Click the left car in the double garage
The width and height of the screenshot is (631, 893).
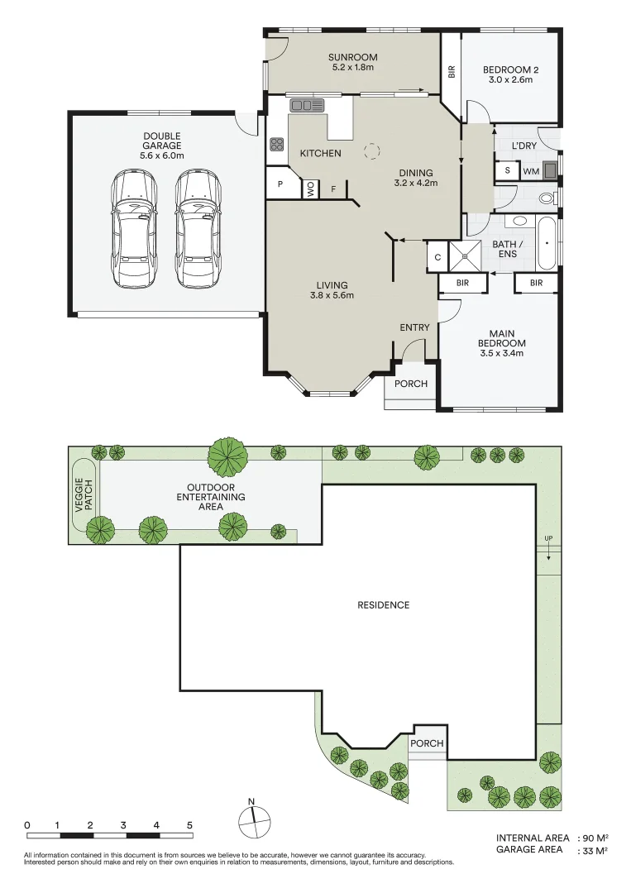pyautogui.click(x=133, y=228)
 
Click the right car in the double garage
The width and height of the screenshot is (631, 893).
pyautogui.click(x=198, y=228)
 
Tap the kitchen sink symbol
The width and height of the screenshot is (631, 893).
pyautogui.click(x=306, y=105)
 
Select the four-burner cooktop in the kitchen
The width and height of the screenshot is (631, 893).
pyautogui.click(x=277, y=144)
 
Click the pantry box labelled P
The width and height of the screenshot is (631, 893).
pyautogui.click(x=280, y=184)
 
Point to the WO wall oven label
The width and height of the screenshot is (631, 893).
pyautogui.click(x=310, y=189)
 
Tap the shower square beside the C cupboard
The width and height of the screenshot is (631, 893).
pyautogui.click(x=465, y=256)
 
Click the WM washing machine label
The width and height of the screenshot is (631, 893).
pyautogui.click(x=531, y=171)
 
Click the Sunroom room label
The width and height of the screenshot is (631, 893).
pyautogui.click(x=352, y=57)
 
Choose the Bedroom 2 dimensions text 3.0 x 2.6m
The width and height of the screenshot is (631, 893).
pyautogui.click(x=510, y=79)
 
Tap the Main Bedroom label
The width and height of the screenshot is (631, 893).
pyautogui.click(x=502, y=338)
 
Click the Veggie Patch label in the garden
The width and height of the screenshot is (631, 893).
pyautogui.click(x=84, y=495)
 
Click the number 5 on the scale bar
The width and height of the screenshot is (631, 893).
pyautogui.click(x=189, y=824)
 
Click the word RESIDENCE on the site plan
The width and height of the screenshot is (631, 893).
pyautogui.click(x=383, y=604)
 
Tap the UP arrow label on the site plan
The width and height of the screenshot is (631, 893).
pyautogui.click(x=548, y=538)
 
